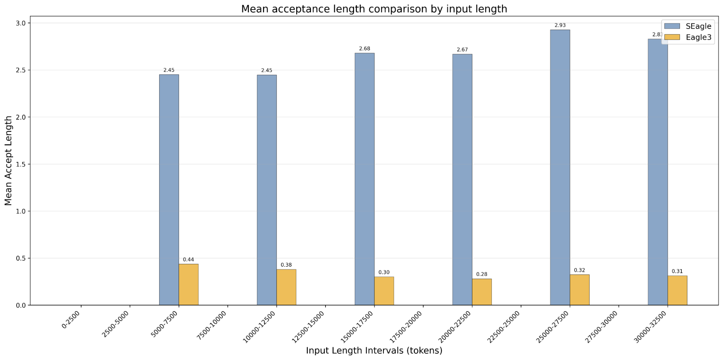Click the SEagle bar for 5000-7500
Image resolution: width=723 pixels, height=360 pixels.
click(x=169, y=190)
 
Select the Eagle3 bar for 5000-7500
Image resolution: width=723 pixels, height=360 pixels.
click(x=188, y=284)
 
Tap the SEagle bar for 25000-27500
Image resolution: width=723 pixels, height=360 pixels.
click(x=560, y=167)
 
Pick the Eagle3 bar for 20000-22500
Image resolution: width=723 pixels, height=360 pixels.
click(x=482, y=292)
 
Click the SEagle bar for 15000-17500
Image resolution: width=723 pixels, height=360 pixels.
click(x=365, y=179)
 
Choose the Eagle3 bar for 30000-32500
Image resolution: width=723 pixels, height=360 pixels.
click(x=677, y=291)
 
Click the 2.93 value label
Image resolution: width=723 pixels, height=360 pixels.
click(x=560, y=25)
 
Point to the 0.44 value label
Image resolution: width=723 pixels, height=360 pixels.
click(x=188, y=260)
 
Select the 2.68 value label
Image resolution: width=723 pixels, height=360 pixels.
click(x=365, y=49)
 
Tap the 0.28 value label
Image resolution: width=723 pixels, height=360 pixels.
click(x=482, y=274)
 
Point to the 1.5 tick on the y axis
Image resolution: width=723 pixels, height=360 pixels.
click(x=21, y=164)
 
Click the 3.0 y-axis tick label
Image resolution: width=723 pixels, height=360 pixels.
click(x=21, y=23)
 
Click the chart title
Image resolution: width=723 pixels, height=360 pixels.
click(x=374, y=9)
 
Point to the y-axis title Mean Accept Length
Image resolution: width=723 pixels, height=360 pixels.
click(x=9, y=160)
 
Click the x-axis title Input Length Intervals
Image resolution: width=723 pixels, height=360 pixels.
click(x=374, y=351)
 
